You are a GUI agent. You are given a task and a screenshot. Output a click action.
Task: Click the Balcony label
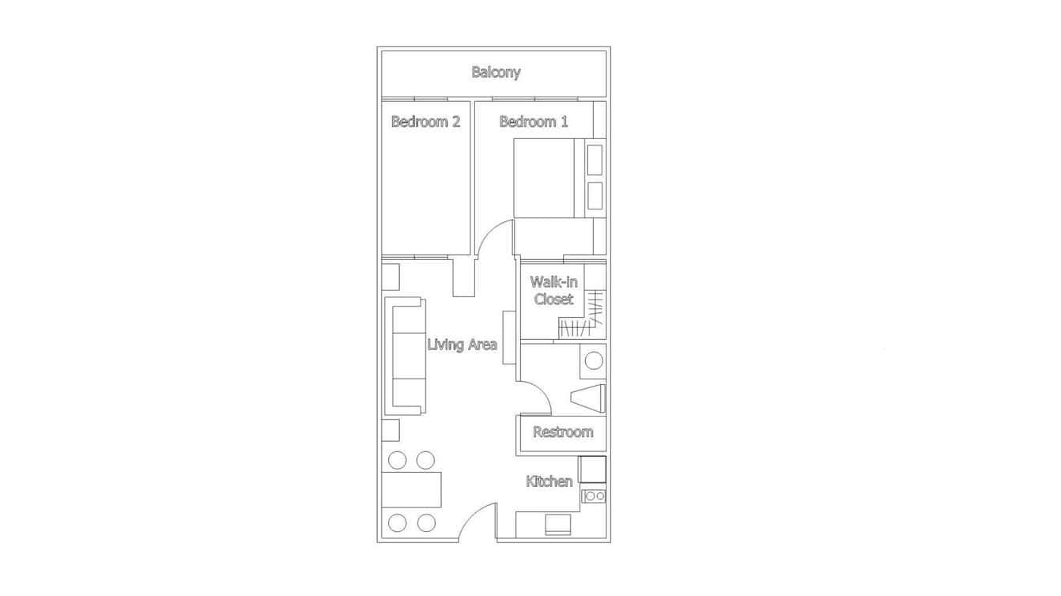pyautogui.click(x=496, y=73)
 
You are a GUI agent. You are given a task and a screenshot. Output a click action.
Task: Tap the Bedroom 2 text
pyautogui.click(x=425, y=122)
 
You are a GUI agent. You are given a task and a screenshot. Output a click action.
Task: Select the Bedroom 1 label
pyautogui.click(x=533, y=122)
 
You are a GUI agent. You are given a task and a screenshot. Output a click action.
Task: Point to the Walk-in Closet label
pyautogui.click(x=553, y=290)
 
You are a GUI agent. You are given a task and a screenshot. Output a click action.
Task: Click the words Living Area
pyautogui.click(x=462, y=345)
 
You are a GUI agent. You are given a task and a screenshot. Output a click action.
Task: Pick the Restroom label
pyautogui.click(x=562, y=432)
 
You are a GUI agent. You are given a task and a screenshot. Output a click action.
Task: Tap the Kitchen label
pyautogui.click(x=549, y=481)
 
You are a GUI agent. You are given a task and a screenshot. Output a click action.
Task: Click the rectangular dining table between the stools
pyautogui.click(x=411, y=489)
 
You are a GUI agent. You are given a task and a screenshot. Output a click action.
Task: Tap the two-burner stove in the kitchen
pyautogui.click(x=594, y=496)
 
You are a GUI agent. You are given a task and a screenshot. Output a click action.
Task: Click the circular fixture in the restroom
pyautogui.click(x=593, y=361)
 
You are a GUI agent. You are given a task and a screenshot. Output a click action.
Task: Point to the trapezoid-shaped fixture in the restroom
pyautogui.click(x=590, y=398)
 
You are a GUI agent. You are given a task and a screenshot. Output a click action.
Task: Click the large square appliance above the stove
pyautogui.click(x=592, y=470)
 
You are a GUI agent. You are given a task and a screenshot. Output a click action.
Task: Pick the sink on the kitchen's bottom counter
pyautogui.click(x=557, y=525)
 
